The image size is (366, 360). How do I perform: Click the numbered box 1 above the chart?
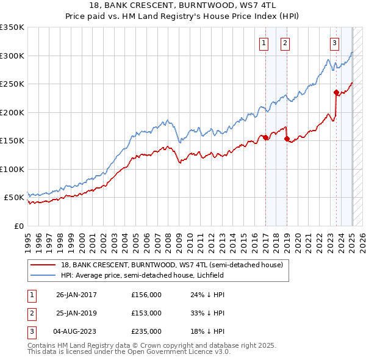pos(264,43)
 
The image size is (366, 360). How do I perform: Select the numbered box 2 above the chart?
pos(285,43)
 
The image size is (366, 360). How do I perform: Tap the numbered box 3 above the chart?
pos(335,43)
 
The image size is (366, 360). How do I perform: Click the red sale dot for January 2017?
pos(265,137)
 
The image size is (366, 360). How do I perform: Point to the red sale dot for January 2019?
pos(287,139)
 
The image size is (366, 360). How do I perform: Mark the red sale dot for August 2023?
pos(336,93)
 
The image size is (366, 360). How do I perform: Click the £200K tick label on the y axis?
pos(12,112)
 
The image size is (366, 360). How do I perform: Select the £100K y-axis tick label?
pos(12,169)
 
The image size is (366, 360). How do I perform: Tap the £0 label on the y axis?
pos(18,226)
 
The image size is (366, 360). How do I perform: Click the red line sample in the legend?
pos(43,265)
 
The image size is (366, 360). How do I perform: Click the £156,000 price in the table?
pos(146,295)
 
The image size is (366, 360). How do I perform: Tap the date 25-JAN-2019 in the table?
pos(76,313)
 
